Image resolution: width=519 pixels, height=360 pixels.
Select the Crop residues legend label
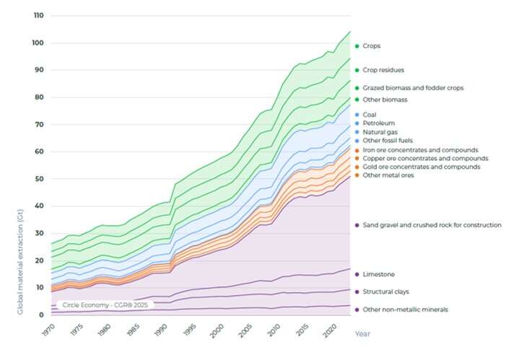click(x=383, y=70)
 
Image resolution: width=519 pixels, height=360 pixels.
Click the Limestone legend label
click(x=378, y=274)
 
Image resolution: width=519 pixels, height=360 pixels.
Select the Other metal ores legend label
click(x=388, y=175)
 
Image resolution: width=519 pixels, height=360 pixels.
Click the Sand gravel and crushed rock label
click(x=432, y=225)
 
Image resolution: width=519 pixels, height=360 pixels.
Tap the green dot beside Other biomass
click(x=357, y=100)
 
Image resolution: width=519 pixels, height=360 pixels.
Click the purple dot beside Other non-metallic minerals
click(x=357, y=309)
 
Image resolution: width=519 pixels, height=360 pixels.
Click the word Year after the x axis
click(x=362, y=334)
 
